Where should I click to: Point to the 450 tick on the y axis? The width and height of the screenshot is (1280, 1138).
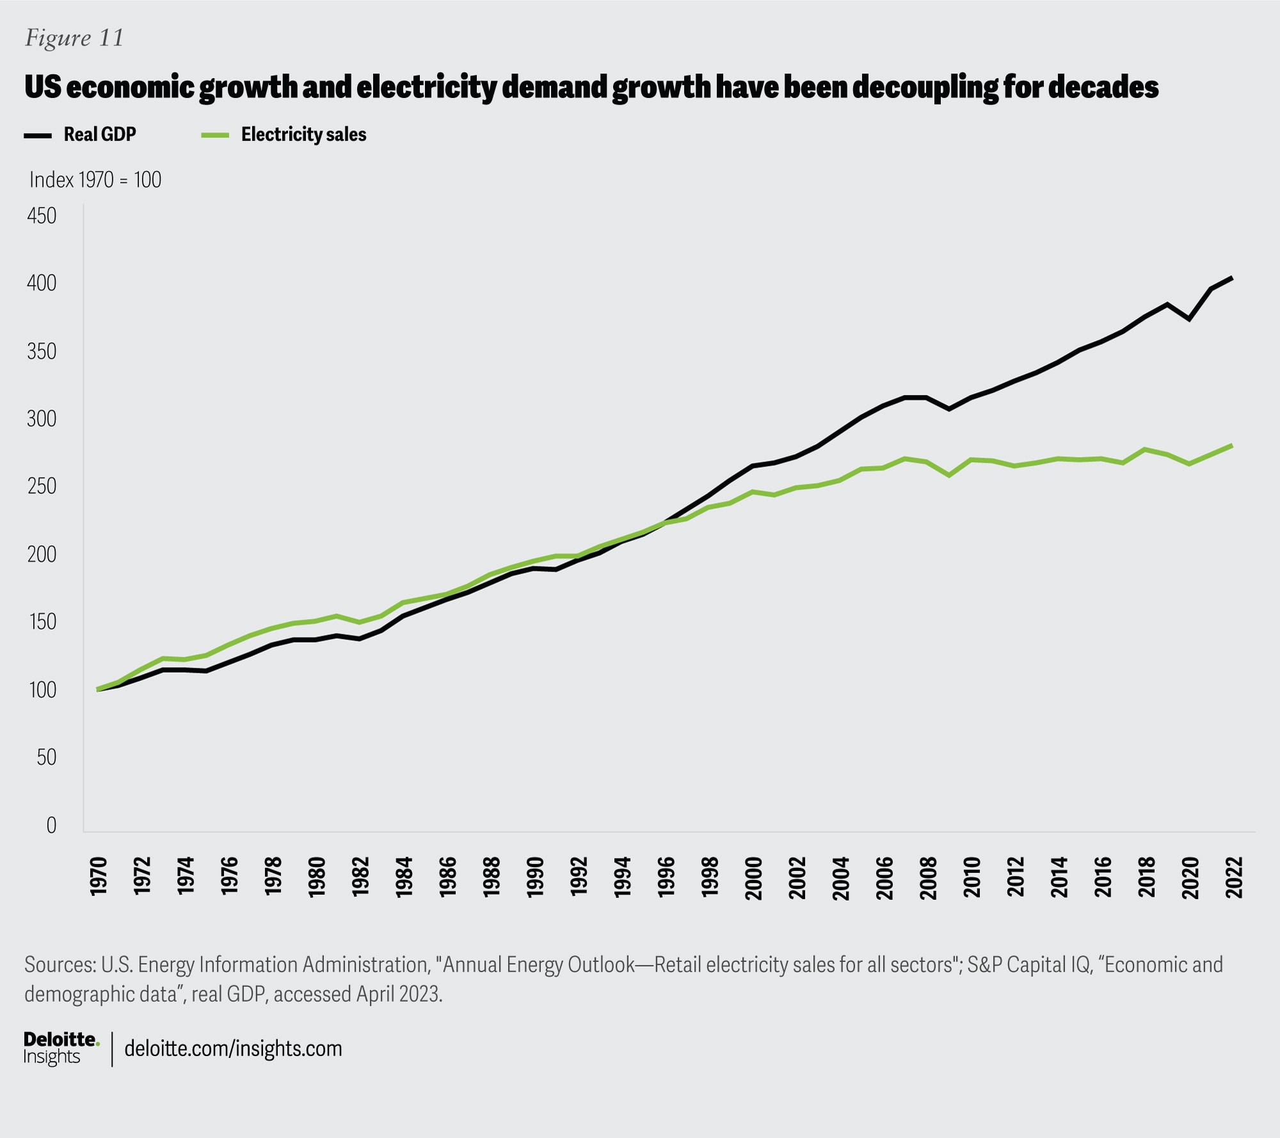(x=42, y=216)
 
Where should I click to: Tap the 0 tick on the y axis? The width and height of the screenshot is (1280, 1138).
(x=51, y=825)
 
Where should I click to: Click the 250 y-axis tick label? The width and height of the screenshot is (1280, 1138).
(x=42, y=486)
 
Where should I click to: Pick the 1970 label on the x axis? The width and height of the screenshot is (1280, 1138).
(x=98, y=877)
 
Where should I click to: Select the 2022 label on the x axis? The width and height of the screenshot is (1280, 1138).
(x=1233, y=877)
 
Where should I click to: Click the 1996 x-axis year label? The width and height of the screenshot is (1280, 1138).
(x=666, y=877)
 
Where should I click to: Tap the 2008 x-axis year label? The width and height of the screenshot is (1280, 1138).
(x=928, y=877)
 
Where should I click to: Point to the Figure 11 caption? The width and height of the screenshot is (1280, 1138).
(x=74, y=38)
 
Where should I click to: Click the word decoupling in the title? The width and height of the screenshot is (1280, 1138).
(x=924, y=87)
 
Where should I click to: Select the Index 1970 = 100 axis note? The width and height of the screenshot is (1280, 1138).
(x=95, y=180)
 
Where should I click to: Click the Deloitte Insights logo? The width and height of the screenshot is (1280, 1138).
(x=61, y=1048)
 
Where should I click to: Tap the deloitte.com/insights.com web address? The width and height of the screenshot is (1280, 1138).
(x=233, y=1048)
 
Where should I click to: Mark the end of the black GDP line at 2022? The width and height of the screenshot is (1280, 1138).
(x=1232, y=278)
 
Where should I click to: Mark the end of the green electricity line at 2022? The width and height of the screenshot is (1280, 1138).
(x=1232, y=445)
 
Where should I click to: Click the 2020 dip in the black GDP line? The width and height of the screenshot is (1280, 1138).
(x=1189, y=319)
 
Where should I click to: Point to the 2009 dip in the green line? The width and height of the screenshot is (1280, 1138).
(x=949, y=476)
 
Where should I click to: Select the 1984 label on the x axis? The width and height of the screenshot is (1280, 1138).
(x=404, y=877)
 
